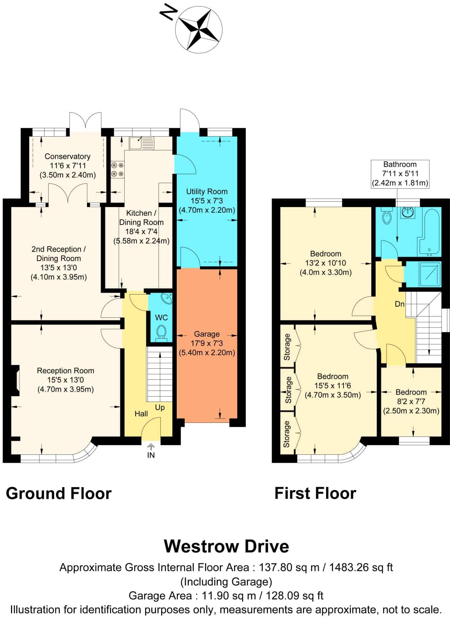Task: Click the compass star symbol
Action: click(x=199, y=29)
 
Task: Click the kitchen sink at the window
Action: click(x=141, y=143)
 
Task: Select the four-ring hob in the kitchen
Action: click(x=117, y=169)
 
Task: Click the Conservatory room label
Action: click(x=67, y=156)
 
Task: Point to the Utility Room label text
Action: click(x=207, y=191)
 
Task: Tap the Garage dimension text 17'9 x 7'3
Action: click(x=207, y=343)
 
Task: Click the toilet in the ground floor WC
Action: click(x=162, y=332)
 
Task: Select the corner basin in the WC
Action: click(x=166, y=298)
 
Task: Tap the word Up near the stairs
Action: click(x=160, y=407)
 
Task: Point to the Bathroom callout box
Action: click(x=400, y=174)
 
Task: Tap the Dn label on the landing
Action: click(x=399, y=304)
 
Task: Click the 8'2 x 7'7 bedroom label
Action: click(x=411, y=401)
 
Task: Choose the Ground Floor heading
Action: click(x=59, y=493)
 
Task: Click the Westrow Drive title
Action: click(x=226, y=546)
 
